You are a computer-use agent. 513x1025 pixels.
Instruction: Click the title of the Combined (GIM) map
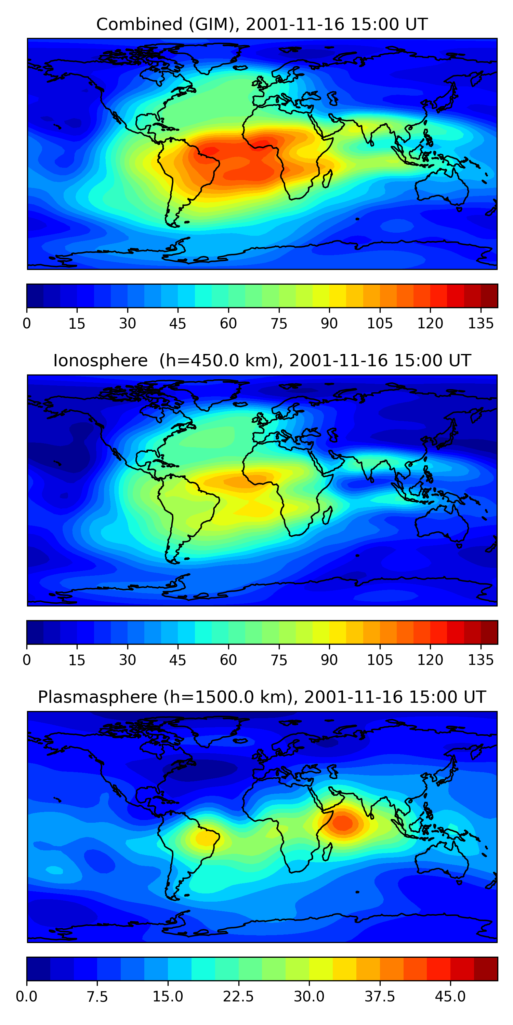tap(262, 24)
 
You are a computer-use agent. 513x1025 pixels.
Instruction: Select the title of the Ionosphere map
tap(262, 360)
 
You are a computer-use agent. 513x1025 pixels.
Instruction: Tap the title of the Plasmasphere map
tap(262, 697)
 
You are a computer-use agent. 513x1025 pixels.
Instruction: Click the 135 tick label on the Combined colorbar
tap(481, 324)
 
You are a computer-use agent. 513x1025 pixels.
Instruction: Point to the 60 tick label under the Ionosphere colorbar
tap(228, 660)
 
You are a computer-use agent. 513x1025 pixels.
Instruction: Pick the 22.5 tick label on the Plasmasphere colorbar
tap(238, 997)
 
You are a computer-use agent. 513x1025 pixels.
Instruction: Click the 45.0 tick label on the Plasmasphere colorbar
tap(450, 997)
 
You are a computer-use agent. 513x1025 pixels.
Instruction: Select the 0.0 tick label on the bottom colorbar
tap(27, 997)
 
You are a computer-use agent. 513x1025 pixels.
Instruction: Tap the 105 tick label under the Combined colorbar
tap(380, 324)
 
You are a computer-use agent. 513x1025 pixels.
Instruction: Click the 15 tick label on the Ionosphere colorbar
tap(77, 660)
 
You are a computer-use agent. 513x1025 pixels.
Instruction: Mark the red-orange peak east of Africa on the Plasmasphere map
tap(343, 822)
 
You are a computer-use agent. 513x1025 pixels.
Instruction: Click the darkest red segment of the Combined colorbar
tap(489, 296)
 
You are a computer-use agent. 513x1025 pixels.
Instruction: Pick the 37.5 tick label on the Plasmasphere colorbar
tap(380, 997)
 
